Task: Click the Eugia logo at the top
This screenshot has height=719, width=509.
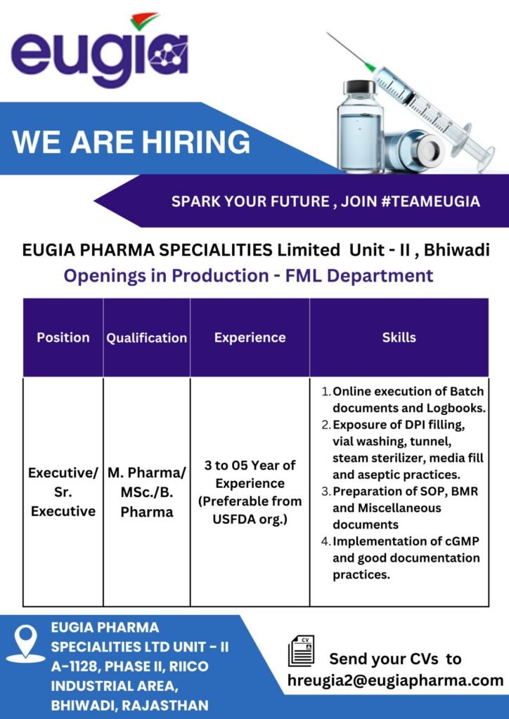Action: click(x=100, y=50)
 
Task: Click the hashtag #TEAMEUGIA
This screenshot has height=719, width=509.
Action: click(x=430, y=201)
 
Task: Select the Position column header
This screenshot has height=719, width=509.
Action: click(x=63, y=338)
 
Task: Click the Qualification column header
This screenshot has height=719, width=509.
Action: click(x=147, y=338)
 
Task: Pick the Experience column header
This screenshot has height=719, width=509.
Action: click(x=250, y=338)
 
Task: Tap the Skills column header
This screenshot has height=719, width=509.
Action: click(x=399, y=338)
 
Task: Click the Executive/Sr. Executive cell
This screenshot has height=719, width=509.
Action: click(x=63, y=492)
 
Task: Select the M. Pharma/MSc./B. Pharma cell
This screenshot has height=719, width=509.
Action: click(x=147, y=492)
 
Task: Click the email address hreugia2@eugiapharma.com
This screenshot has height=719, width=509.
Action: click(x=395, y=680)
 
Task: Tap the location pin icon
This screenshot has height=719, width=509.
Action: click(x=26, y=643)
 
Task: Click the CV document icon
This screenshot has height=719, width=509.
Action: click(x=301, y=651)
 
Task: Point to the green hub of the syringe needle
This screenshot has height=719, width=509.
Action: click(x=369, y=67)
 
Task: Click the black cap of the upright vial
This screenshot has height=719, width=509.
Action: click(x=360, y=86)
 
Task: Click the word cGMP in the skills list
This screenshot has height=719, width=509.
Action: click(x=462, y=541)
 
